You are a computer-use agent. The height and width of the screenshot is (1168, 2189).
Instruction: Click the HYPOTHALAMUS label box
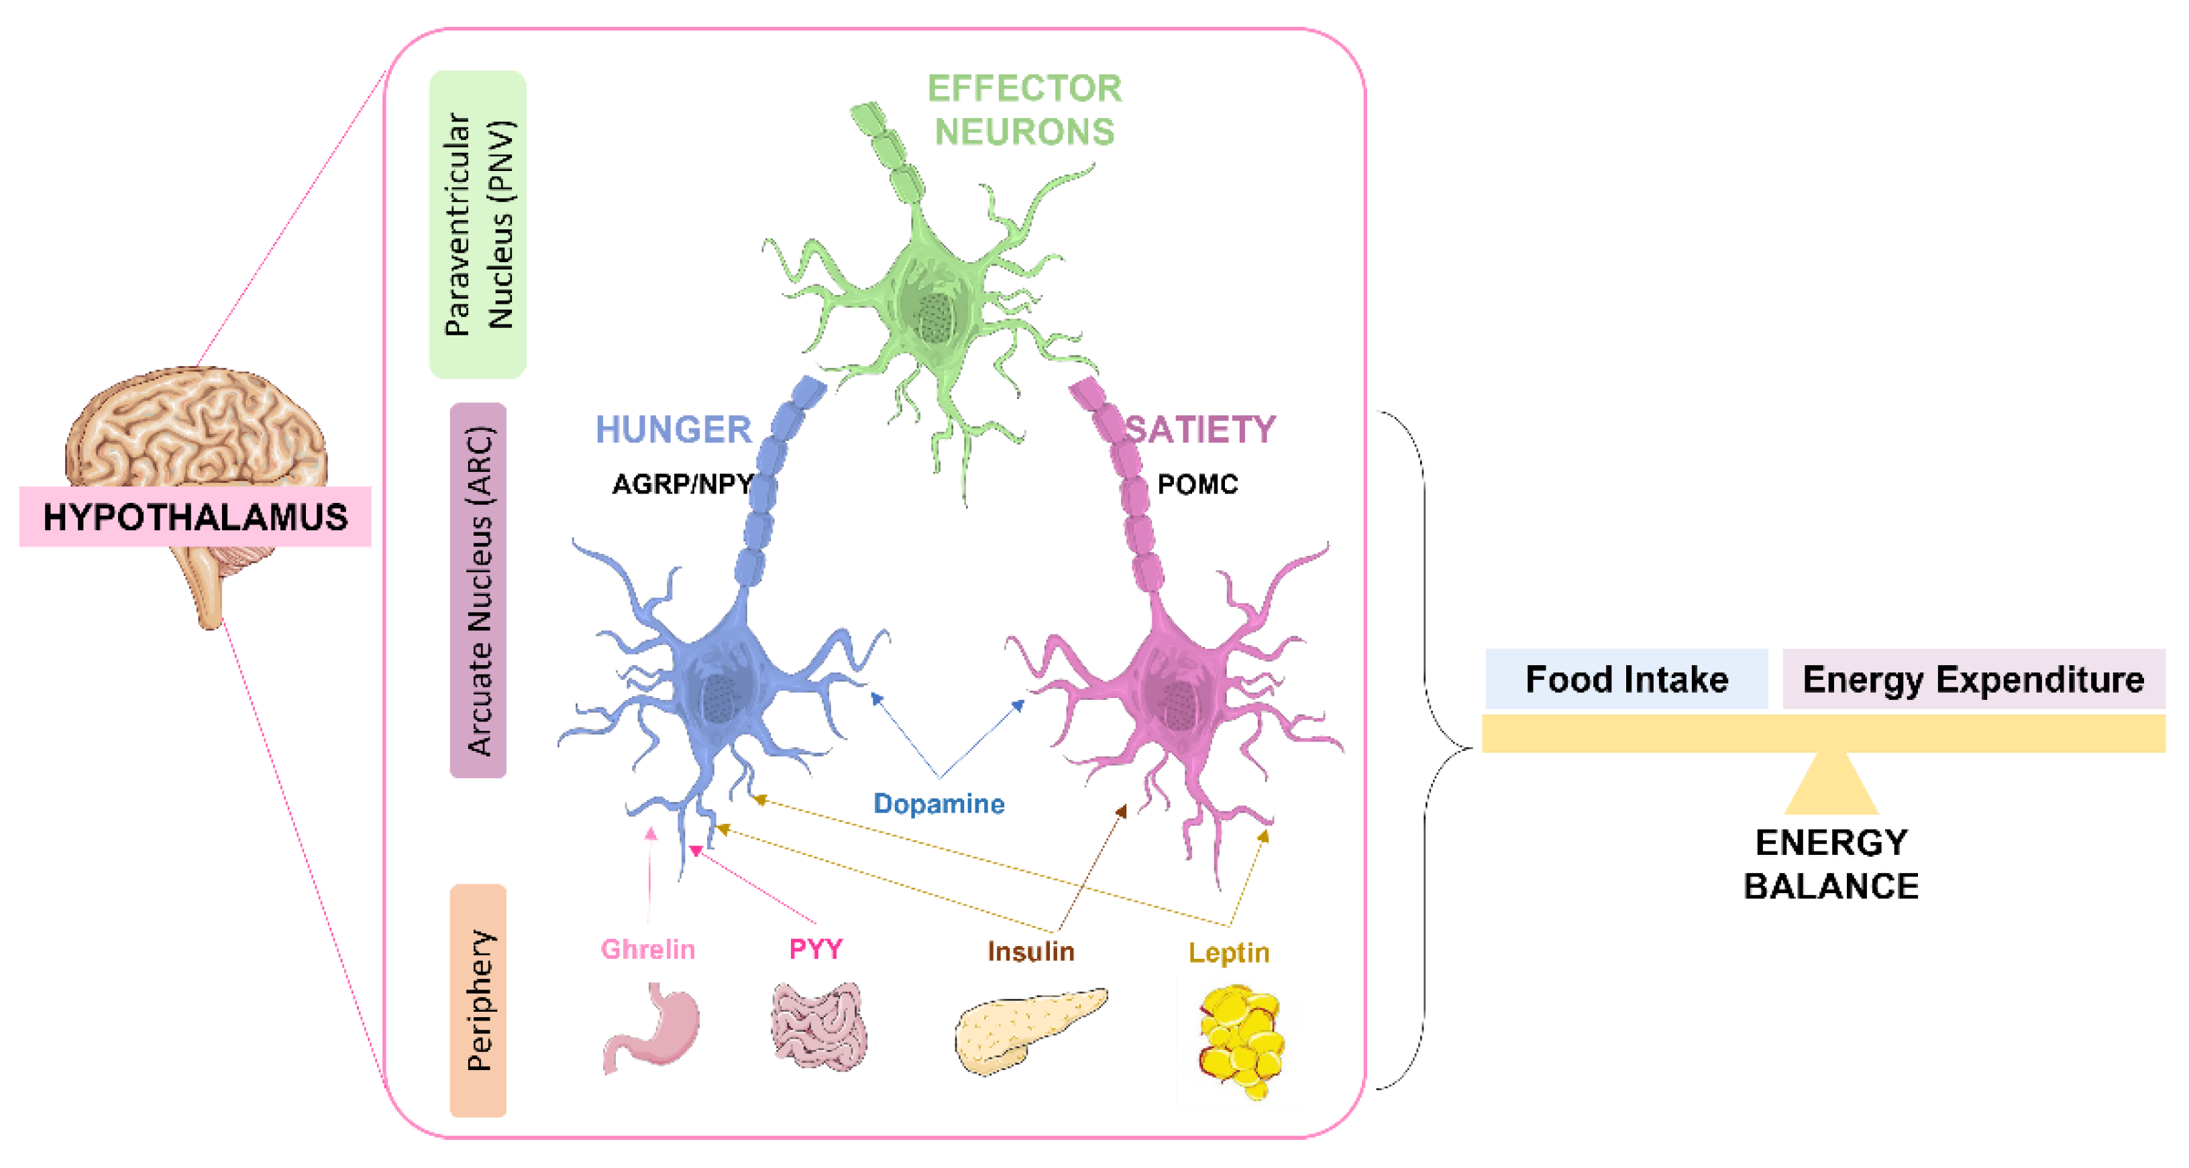point(195,516)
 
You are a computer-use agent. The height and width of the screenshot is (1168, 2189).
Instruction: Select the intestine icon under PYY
point(818,1025)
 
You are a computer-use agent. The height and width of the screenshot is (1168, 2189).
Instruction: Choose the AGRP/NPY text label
point(682,484)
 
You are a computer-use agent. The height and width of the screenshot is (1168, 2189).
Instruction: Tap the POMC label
point(1197,484)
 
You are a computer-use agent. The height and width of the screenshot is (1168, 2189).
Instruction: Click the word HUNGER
point(673,430)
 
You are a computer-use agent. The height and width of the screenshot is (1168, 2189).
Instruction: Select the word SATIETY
point(1200,430)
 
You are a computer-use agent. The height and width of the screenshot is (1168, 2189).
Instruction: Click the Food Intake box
point(1625,679)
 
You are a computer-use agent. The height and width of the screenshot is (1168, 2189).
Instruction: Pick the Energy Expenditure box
point(1972,679)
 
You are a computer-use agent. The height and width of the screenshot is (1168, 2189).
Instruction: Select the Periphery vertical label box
point(478,1000)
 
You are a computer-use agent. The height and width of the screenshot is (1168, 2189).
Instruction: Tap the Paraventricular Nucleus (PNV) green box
point(478,224)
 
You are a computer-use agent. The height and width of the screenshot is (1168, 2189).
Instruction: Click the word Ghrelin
point(647,949)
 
